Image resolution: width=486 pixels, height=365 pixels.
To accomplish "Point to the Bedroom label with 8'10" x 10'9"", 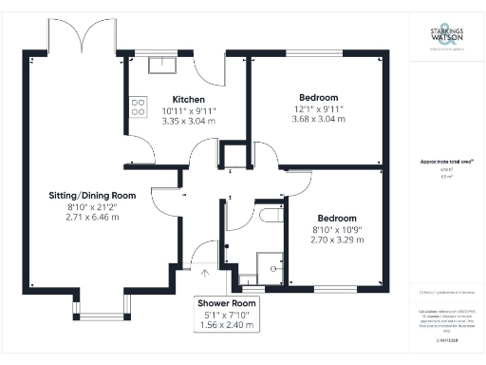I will pos(336,217).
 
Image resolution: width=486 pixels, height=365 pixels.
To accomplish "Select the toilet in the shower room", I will pos(269,216).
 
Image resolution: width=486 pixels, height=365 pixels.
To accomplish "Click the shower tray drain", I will pos(273,269).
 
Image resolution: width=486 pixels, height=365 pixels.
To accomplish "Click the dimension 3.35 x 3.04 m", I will pos(188,122).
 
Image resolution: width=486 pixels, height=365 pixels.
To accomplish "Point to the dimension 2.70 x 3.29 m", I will pos(336,240).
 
